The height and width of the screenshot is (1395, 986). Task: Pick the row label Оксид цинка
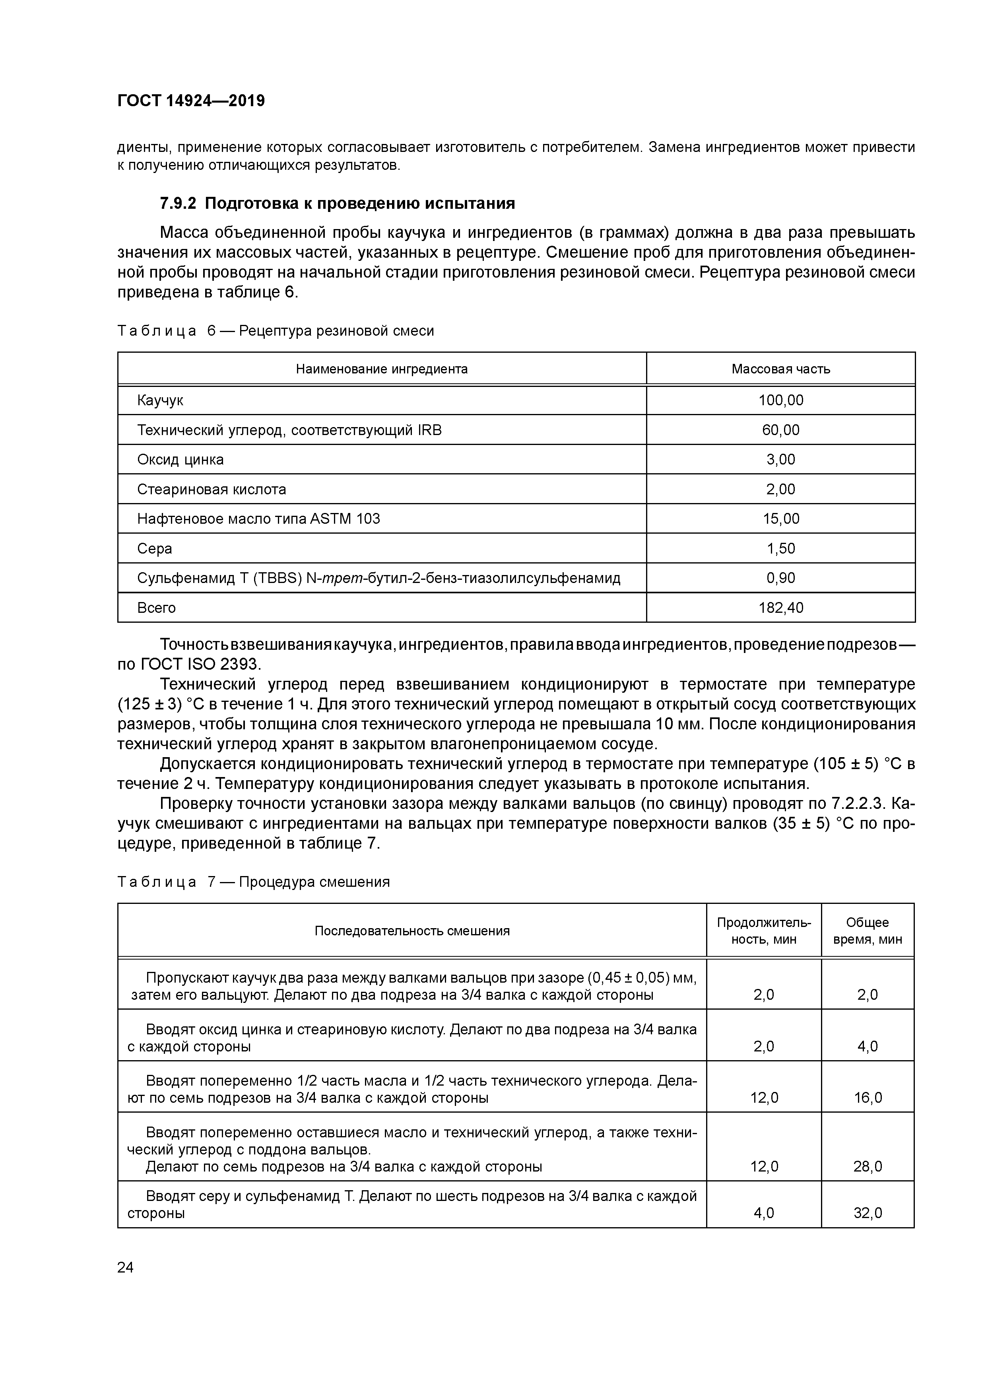click(181, 459)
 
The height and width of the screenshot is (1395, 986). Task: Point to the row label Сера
click(154, 549)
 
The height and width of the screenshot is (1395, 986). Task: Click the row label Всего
click(156, 608)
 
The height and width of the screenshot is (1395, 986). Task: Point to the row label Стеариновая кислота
click(212, 489)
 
